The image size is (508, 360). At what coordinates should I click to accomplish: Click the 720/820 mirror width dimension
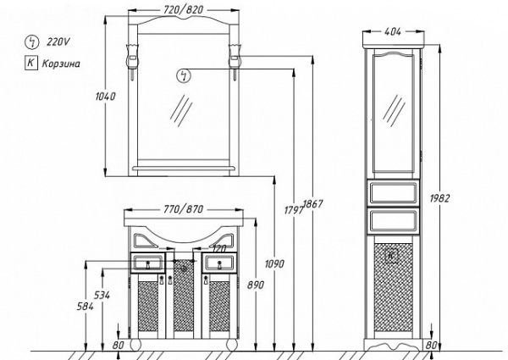184,9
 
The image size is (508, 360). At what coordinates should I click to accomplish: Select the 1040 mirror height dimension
105,97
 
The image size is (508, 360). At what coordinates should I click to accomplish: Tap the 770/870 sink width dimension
184,209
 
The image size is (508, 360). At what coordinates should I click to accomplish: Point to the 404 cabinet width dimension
393,31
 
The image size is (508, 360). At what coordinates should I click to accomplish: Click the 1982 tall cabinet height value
440,198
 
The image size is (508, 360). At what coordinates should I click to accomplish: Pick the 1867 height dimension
313,204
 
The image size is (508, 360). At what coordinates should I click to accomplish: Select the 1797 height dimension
294,210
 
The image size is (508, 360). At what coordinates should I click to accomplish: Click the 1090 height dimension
274,263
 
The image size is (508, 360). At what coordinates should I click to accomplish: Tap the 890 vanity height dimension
256,285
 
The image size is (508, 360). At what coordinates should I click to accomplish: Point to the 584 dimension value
86,306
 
